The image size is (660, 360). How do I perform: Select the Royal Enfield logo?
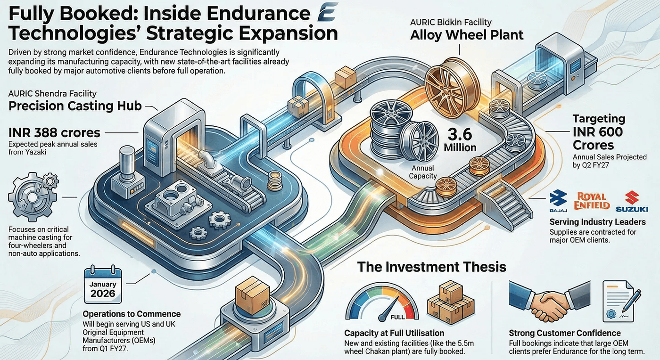point(592,200)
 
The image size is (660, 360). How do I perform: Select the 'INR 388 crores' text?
point(54,132)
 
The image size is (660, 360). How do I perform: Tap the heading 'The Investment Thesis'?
point(431,267)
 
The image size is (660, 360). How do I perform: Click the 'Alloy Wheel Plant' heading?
point(467,35)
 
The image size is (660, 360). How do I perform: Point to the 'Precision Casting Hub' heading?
point(75,106)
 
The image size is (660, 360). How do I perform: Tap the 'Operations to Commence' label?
point(132,314)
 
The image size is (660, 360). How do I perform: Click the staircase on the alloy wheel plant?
point(507,203)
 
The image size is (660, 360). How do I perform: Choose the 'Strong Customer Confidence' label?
point(565,333)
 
